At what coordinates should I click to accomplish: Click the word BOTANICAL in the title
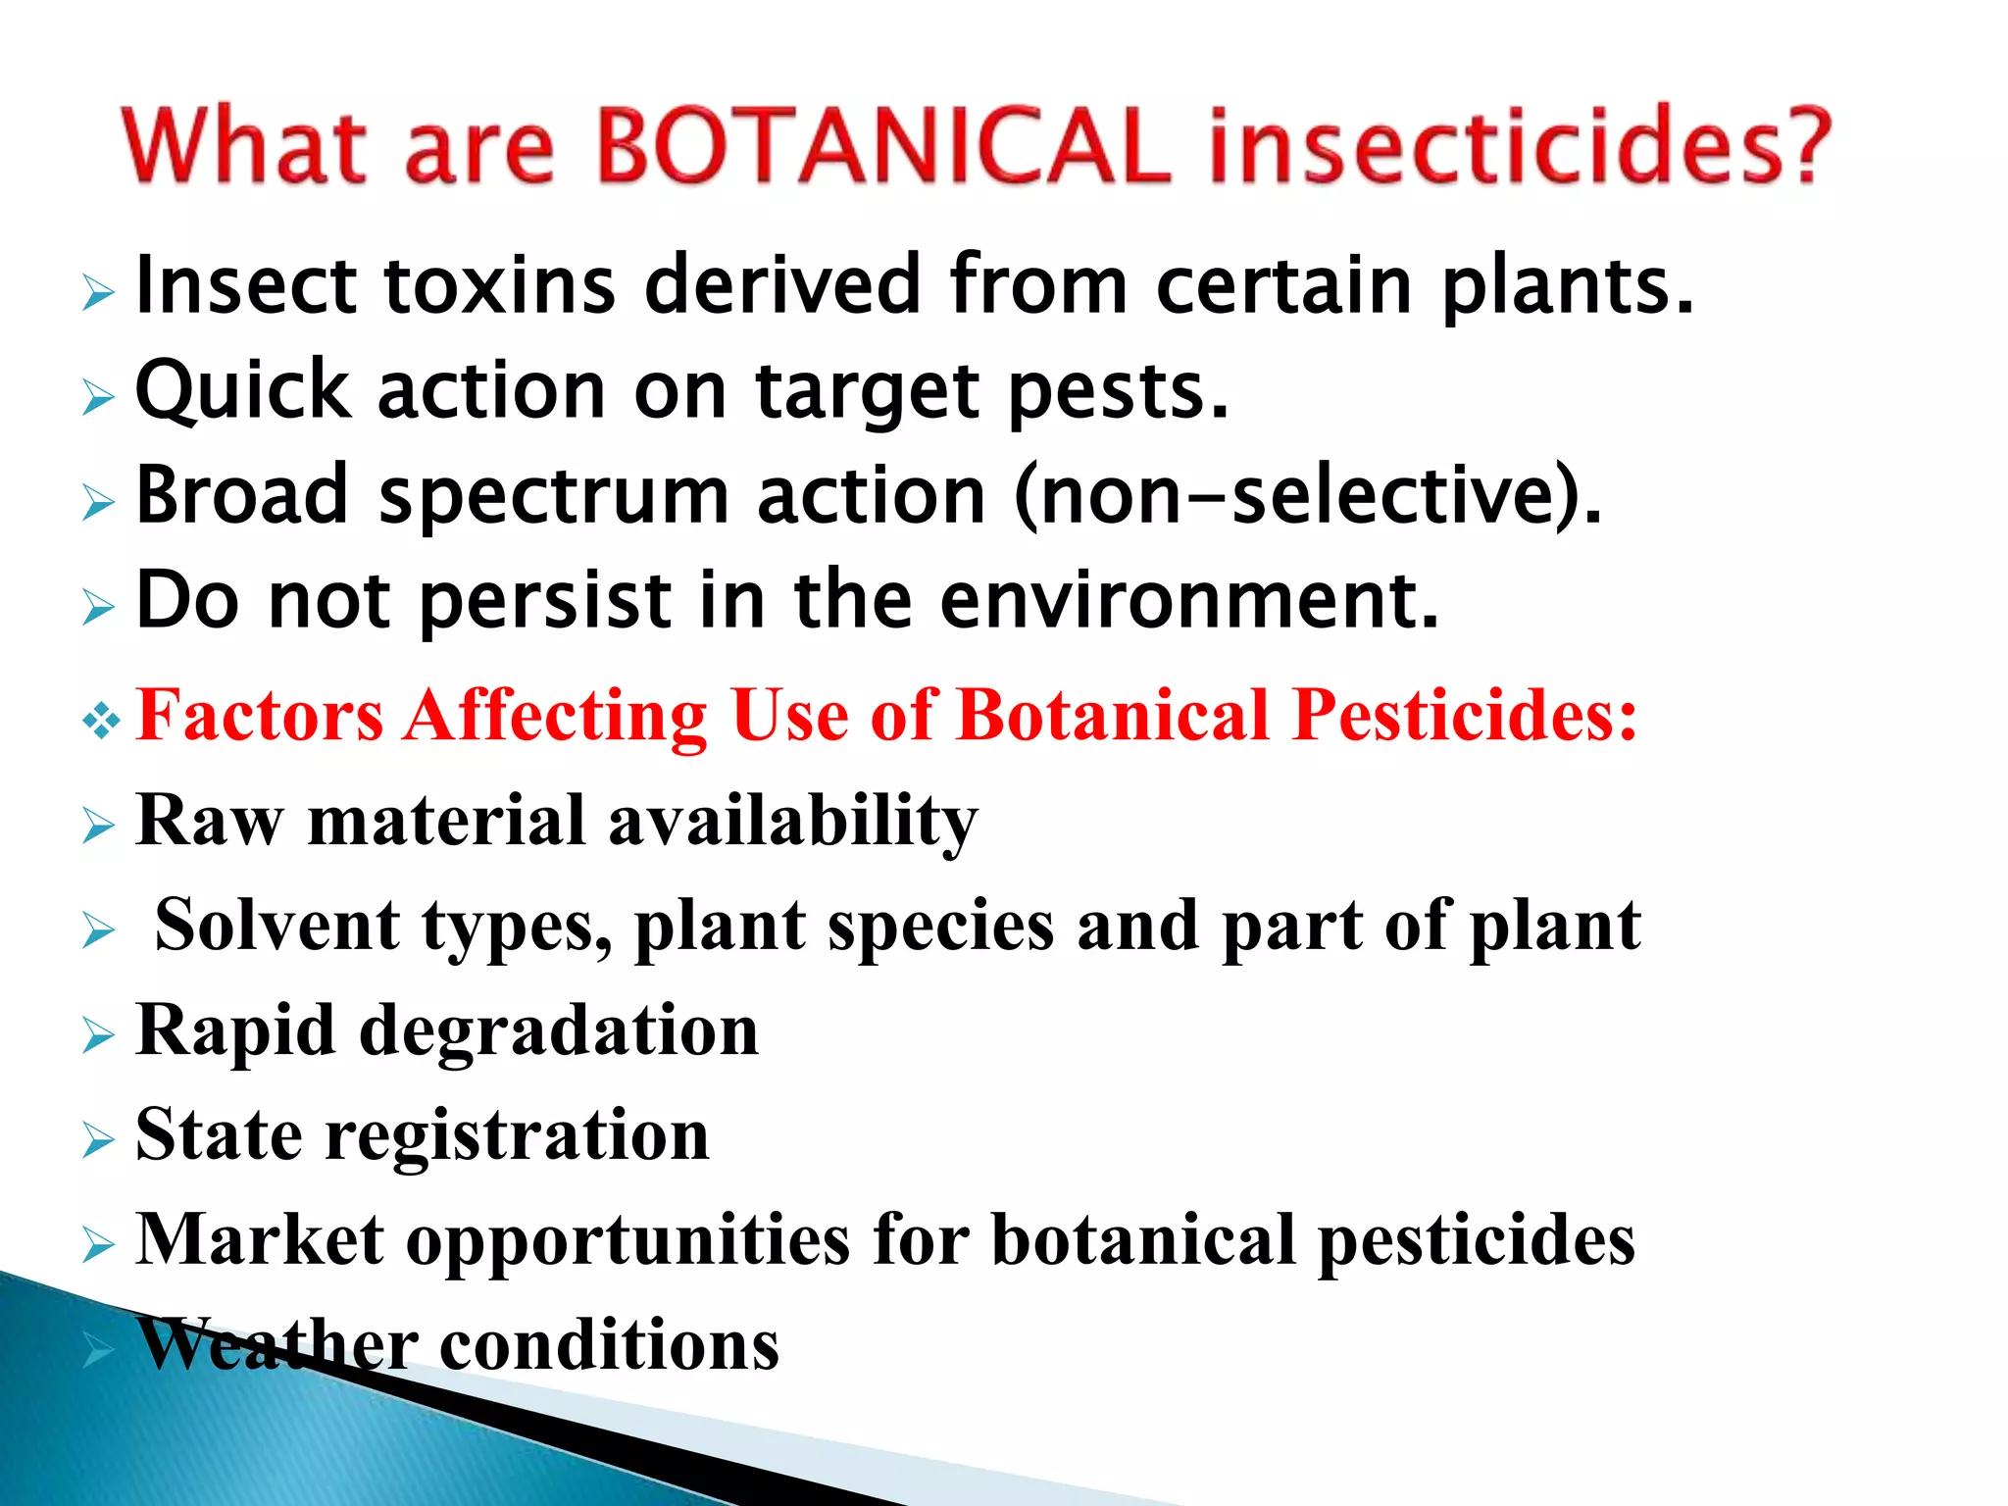point(882,147)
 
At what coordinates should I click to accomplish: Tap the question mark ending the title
point(1802,147)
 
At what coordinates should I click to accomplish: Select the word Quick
point(242,391)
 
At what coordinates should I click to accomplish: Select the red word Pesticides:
point(1466,715)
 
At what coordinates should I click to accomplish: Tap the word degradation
point(559,1031)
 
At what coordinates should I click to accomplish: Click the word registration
point(517,1136)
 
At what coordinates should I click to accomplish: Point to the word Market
point(260,1239)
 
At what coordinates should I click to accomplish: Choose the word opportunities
point(627,1241)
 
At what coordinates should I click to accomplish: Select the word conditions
point(609,1344)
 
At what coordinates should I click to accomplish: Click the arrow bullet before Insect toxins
point(98,292)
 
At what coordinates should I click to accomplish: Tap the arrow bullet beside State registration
point(98,1140)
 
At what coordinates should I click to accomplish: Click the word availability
point(792,822)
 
